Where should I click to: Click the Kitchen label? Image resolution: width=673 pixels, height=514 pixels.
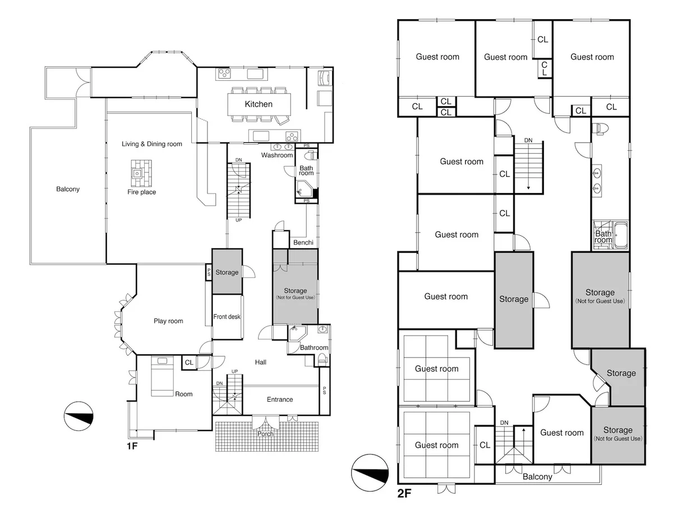click(258, 104)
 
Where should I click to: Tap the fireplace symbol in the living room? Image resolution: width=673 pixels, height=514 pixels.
click(141, 173)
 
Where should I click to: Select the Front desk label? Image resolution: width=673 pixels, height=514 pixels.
click(227, 316)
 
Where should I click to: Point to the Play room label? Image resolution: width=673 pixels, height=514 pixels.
click(168, 321)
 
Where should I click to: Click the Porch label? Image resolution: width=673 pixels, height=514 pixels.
click(265, 434)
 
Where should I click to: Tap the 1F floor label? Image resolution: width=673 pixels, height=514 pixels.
click(132, 446)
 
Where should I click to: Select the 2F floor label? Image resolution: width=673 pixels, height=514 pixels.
click(404, 493)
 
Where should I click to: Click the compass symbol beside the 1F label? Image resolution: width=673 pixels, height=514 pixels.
click(79, 416)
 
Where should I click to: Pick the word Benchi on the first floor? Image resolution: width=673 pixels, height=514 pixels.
click(303, 242)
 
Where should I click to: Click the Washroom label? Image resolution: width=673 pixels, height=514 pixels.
click(277, 155)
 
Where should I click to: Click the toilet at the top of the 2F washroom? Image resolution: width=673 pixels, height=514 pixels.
click(598, 128)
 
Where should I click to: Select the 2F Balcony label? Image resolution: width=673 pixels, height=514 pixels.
click(537, 476)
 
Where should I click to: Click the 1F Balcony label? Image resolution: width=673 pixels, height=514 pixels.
click(68, 189)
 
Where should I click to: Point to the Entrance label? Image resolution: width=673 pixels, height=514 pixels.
click(280, 400)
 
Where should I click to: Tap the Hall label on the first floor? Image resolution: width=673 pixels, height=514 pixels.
click(261, 362)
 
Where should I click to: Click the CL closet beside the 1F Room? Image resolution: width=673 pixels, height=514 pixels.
click(189, 362)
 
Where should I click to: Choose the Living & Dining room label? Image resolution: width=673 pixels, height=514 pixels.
click(152, 144)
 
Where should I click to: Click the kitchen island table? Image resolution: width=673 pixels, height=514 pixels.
click(259, 104)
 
